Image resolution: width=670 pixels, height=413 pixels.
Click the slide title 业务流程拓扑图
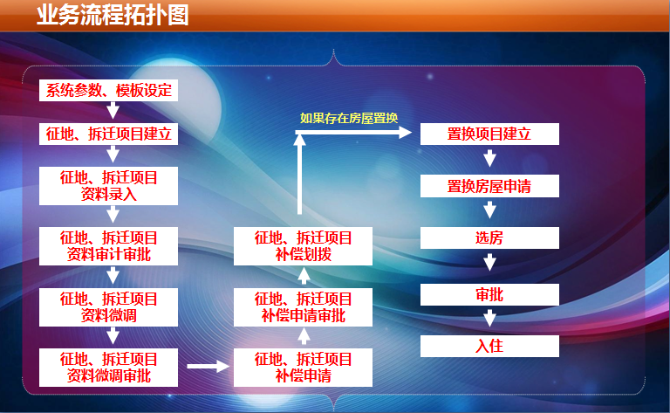tap(113, 16)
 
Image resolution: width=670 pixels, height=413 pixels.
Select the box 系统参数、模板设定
tap(108, 90)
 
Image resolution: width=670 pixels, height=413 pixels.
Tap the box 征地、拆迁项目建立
tap(108, 134)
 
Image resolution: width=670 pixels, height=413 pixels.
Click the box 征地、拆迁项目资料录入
tap(108, 186)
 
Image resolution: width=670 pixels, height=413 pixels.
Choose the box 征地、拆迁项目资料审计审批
tap(108, 246)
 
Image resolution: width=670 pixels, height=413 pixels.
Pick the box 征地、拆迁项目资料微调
tap(108, 307)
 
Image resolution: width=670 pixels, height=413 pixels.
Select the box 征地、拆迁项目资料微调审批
tap(108, 368)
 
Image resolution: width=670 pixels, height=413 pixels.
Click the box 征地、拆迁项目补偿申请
tap(303, 368)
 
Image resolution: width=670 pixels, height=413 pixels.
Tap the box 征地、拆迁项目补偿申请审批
tap(303, 307)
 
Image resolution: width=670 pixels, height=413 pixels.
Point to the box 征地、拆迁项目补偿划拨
tap(303, 246)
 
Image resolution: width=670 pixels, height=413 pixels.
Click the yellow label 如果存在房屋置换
tap(349, 118)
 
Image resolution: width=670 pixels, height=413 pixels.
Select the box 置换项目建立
tap(489, 134)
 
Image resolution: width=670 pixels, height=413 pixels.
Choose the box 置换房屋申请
tap(489, 186)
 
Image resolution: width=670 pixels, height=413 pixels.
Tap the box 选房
tap(489, 237)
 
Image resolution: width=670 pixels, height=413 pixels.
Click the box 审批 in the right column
tap(489, 294)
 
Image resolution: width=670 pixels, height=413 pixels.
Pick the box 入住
tap(489, 346)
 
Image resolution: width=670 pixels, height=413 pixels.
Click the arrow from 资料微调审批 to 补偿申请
tap(209, 367)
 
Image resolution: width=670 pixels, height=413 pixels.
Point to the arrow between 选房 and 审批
tap(489, 262)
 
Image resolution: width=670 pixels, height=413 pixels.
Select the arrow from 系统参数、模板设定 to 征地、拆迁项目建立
tap(113, 110)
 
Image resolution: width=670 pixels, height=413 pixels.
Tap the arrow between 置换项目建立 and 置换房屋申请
tap(489, 158)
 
